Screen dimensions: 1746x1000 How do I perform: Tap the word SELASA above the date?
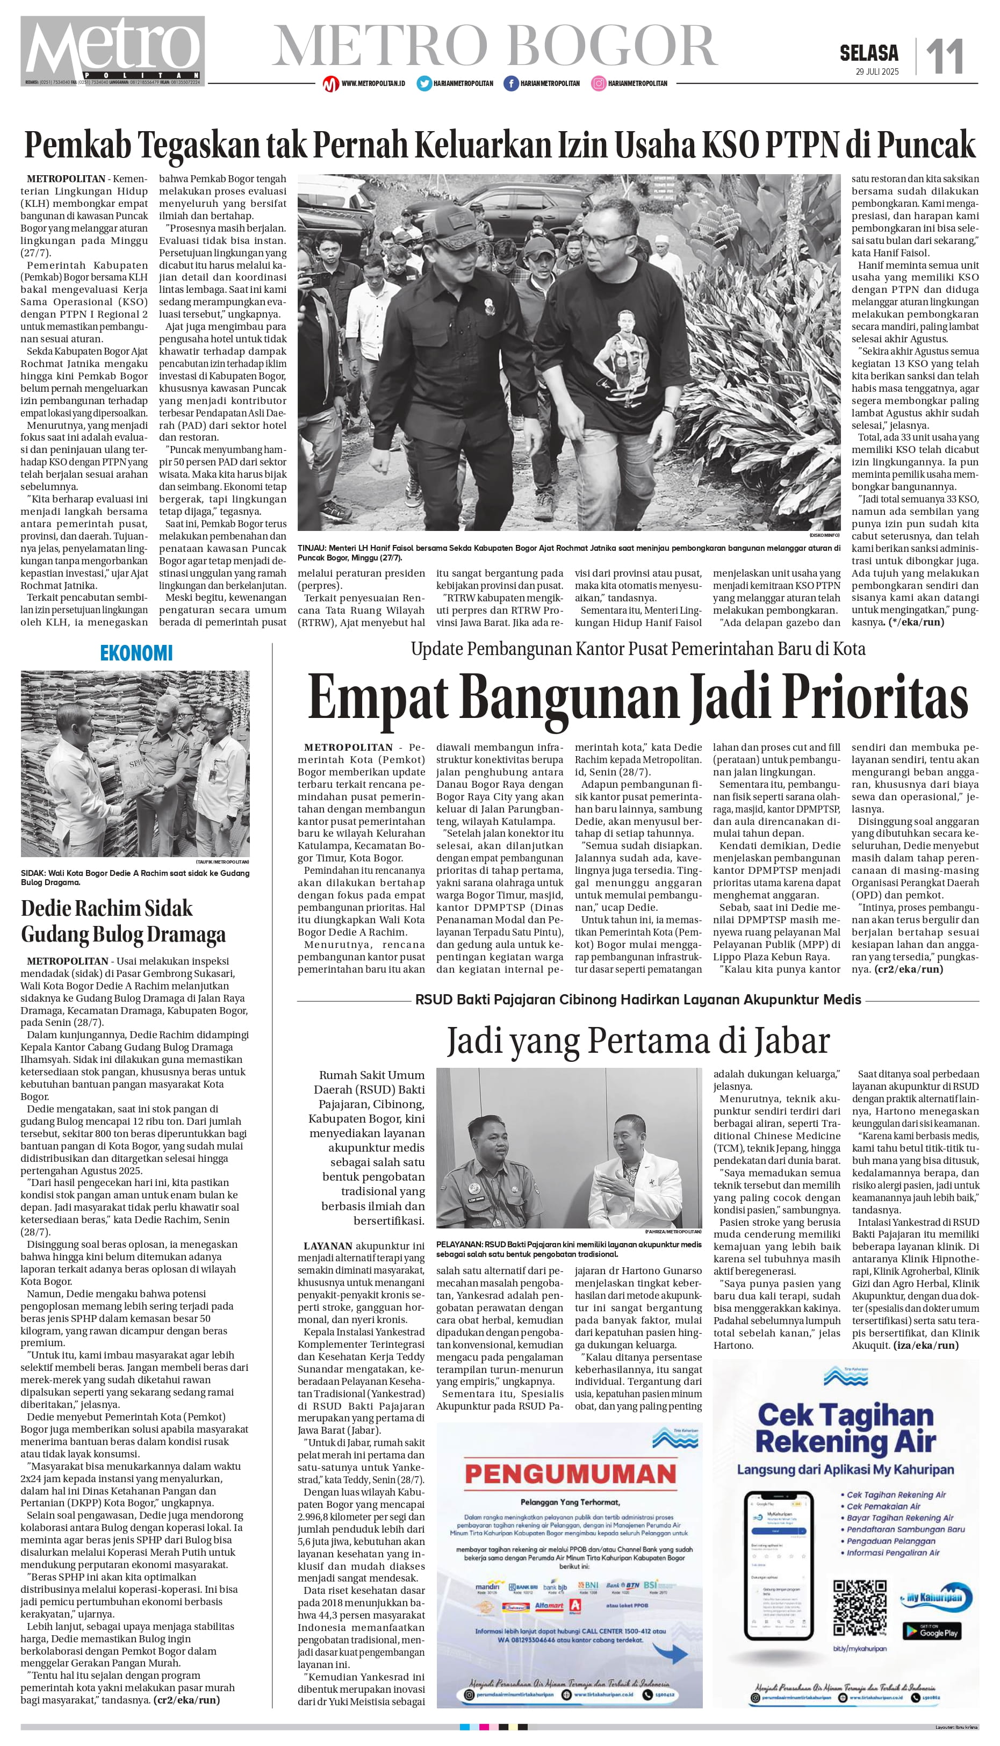coord(869,53)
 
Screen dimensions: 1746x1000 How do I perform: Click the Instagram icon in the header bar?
coord(599,83)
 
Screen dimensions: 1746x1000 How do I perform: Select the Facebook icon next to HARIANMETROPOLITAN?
coord(511,83)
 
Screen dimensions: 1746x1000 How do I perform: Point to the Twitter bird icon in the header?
coord(424,83)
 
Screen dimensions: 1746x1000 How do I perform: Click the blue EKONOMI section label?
coord(136,653)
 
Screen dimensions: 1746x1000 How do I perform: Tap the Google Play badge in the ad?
coord(931,1630)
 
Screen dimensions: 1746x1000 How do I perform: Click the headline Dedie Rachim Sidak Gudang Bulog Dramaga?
coord(123,921)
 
